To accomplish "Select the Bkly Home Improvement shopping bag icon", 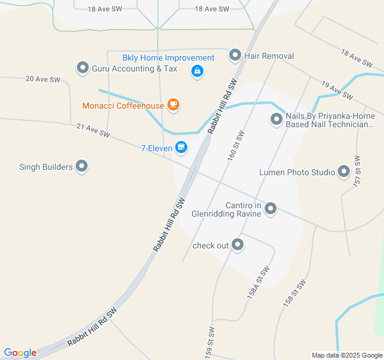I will click(196, 71).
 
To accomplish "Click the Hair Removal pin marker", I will click(235, 56).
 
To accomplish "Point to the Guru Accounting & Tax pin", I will click(82, 68).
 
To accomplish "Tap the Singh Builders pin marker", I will click(82, 167).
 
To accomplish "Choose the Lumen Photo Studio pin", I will click(344, 172).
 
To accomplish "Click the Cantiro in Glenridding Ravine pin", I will click(271, 209).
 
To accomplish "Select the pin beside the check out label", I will click(238, 245).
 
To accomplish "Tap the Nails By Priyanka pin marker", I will click(277, 119).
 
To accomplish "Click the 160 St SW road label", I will click(236, 146).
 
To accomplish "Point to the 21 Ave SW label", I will click(94, 130).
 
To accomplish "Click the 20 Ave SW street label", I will click(43, 79).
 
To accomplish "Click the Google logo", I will click(20, 353).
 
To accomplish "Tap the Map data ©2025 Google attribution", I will click(347, 355).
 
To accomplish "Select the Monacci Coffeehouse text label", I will click(123, 106).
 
